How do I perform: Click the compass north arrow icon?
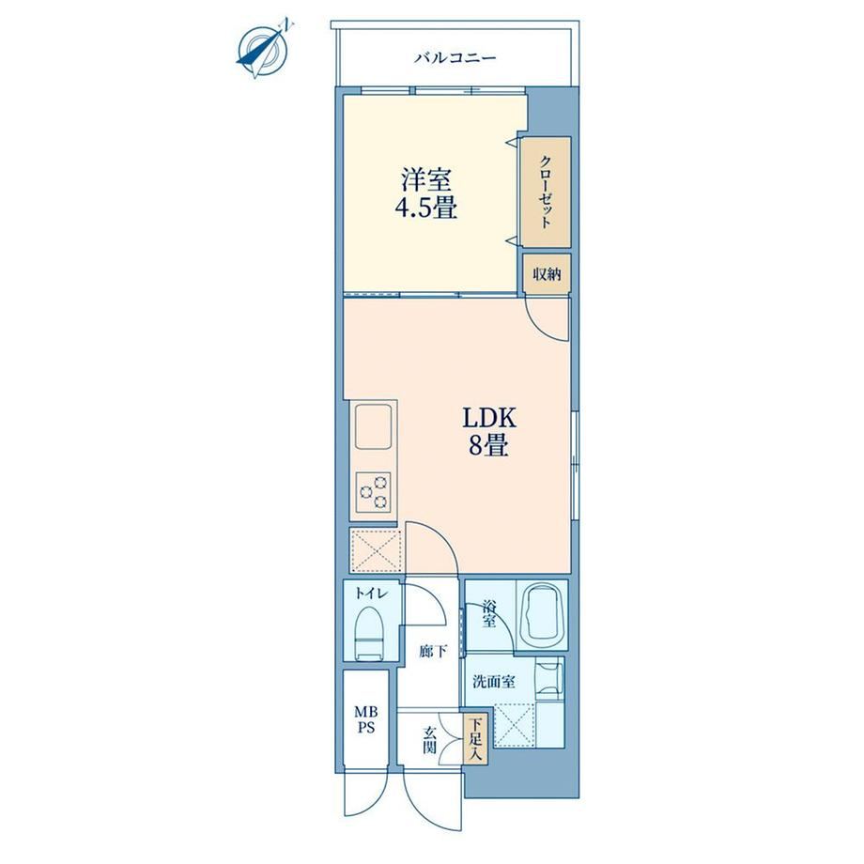(263, 49)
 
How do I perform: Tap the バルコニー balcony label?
(455, 57)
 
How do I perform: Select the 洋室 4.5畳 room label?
(426, 194)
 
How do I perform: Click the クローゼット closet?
(547, 192)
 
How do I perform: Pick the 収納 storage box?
(547, 274)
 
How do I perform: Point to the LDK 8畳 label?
(488, 433)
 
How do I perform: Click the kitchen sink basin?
(375, 427)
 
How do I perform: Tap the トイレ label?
(372, 594)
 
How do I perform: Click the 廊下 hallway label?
(433, 652)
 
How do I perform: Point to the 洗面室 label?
(494, 682)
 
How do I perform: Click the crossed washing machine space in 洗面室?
(514, 726)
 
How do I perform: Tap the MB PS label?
(366, 720)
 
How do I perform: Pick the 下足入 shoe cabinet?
(475, 739)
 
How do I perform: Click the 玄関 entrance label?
(430, 740)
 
